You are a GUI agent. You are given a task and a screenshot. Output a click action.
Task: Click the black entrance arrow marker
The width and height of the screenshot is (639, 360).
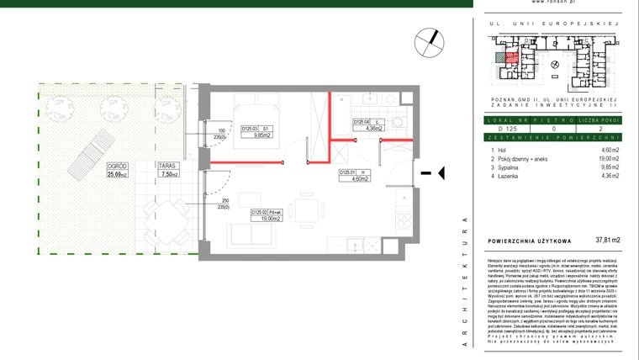(x=428, y=173)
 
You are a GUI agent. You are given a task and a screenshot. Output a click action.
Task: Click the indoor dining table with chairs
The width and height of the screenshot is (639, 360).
(x=306, y=213)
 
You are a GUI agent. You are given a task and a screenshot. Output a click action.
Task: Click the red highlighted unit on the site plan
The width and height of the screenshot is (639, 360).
(x=506, y=56)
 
